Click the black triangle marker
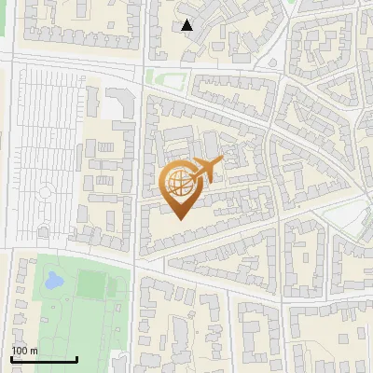coord(187,25)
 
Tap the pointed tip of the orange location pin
coord(180,219)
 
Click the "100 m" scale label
coord(24,351)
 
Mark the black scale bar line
coord(44,359)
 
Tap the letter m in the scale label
coord(34,351)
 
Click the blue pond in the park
coord(53,280)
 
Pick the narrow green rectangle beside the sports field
coord(117,284)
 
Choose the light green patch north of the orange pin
coord(164,77)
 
